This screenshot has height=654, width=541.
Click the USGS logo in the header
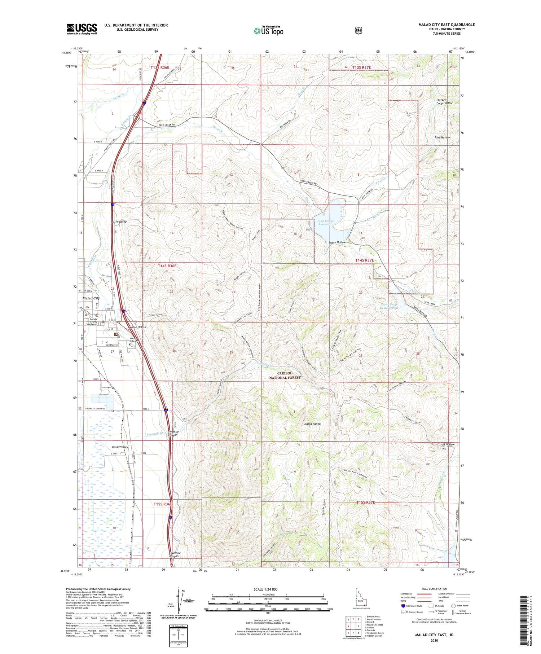coord(82,29)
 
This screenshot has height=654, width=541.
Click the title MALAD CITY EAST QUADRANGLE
coord(447,25)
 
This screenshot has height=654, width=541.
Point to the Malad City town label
coord(91,298)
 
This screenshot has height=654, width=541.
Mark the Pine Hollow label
coord(443,137)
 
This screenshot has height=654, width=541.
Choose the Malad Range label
coord(312,424)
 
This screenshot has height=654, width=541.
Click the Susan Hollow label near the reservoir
coord(337,242)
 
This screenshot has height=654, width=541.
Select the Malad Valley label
coord(120,447)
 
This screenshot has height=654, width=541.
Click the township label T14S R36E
coord(167,266)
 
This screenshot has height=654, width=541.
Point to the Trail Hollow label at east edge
coord(447,444)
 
